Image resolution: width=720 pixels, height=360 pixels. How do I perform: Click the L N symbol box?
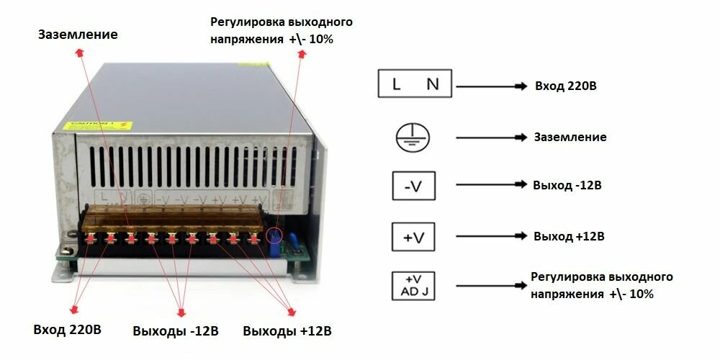click(415, 84)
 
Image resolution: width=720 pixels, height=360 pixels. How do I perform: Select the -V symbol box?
click(413, 186)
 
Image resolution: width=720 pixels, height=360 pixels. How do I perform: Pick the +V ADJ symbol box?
click(413, 286)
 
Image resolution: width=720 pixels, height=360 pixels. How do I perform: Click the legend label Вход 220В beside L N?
click(565, 86)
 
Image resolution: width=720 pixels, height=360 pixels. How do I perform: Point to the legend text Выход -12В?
click(567, 185)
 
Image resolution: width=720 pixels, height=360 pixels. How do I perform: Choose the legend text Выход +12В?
click(568, 236)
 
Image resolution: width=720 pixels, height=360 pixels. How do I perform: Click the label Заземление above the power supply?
click(78, 34)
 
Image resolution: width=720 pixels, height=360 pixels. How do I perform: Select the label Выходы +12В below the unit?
click(287, 331)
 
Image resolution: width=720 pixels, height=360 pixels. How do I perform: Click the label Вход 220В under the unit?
click(68, 330)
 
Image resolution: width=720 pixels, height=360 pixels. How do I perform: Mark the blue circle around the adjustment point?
click(275, 235)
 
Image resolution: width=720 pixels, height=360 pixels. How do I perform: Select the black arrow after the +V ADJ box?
click(482, 286)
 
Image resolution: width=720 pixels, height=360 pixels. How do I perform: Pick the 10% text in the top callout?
click(322, 39)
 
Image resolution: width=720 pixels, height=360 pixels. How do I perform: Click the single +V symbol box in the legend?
click(413, 236)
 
